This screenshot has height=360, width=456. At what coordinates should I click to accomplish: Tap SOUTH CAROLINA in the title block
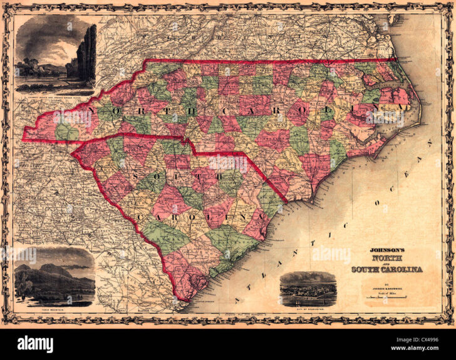tap(386, 269)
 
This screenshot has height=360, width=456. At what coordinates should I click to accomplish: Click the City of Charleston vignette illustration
tap(308, 289)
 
